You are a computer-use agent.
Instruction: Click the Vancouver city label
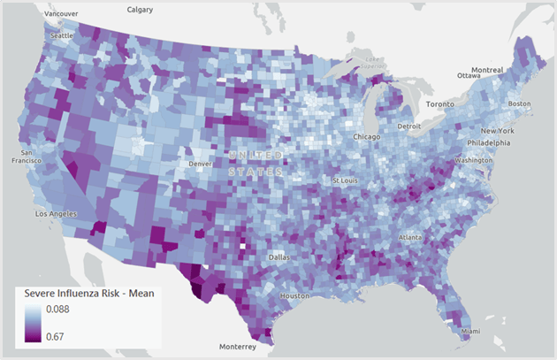click(x=60, y=14)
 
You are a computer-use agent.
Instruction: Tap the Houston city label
click(x=294, y=295)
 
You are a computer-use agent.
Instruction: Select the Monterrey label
click(x=236, y=346)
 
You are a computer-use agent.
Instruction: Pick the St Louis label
click(x=346, y=180)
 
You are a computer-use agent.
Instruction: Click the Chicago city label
click(x=366, y=137)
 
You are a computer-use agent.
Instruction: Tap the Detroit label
click(x=409, y=126)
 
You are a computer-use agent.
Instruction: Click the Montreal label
click(x=487, y=70)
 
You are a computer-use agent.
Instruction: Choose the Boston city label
click(x=519, y=103)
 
